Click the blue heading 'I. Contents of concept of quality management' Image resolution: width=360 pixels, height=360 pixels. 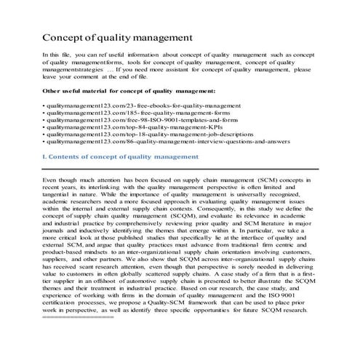coord(120,156)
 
